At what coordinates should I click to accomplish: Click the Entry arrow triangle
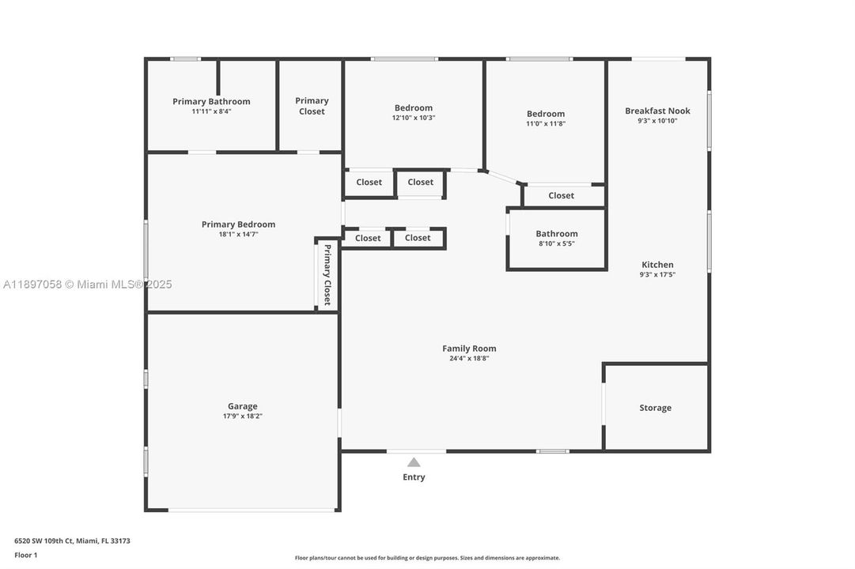click(x=414, y=462)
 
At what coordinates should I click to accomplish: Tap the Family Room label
click(x=469, y=349)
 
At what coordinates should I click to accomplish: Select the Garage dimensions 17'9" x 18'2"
click(x=243, y=416)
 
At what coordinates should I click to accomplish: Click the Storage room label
click(x=655, y=408)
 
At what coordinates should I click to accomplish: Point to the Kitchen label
click(x=657, y=265)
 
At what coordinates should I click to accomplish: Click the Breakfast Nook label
click(x=657, y=111)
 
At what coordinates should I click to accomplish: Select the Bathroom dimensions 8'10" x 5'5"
click(x=556, y=243)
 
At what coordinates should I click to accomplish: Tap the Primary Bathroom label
click(x=211, y=101)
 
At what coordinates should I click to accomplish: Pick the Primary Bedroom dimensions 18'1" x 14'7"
click(x=238, y=234)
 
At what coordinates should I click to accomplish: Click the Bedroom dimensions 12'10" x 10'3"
click(x=414, y=118)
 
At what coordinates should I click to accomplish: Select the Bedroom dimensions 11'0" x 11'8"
click(x=546, y=123)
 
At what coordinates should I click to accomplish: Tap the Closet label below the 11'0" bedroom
click(x=561, y=195)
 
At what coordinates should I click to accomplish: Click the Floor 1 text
click(x=25, y=555)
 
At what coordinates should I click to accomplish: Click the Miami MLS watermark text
click(x=87, y=284)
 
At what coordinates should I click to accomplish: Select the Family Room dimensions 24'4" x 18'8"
click(x=469, y=358)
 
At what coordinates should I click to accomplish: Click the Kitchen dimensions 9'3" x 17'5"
click(x=657, y=274)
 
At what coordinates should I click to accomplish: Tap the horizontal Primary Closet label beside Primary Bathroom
click(x=312, y=106)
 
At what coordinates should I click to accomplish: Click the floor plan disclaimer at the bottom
click(x=427, y=558)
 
